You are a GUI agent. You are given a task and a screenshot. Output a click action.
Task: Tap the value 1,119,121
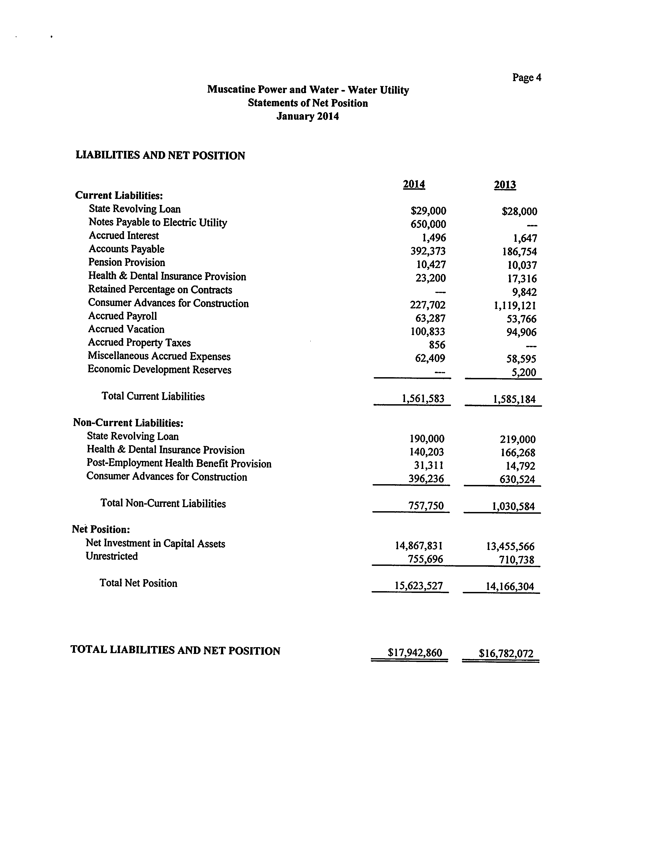(x=515, y=305)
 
